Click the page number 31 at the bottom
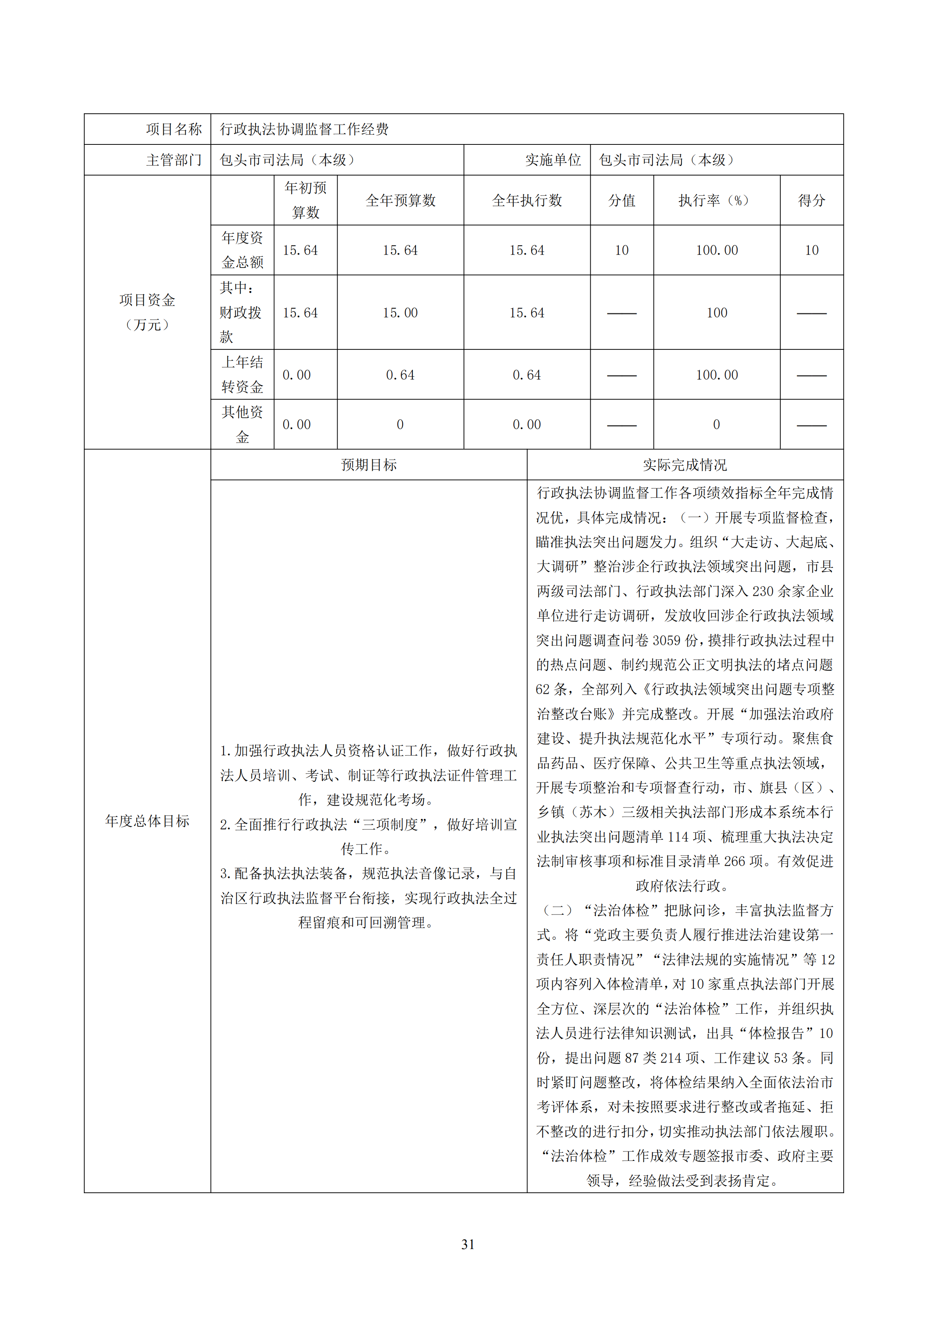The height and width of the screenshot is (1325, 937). [x=468, y=1245]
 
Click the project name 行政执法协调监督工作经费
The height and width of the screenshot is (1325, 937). [x=304, y=129]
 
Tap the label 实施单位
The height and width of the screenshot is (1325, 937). [x=553, y=160]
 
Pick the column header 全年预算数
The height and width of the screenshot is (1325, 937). [x=400, y=200]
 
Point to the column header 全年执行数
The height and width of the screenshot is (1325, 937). [x=527, y=200]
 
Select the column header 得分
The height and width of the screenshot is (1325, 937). [x=811, y=200]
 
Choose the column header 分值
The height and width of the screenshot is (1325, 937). [x=621, y=200]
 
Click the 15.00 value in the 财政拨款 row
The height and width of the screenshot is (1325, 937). [x=400, y=313]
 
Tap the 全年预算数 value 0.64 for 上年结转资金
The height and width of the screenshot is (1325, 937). [x=400, y=375]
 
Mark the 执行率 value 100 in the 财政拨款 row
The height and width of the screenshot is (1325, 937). [x=717, y=313]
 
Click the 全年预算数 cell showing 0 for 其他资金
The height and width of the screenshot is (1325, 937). [x=400, y=425]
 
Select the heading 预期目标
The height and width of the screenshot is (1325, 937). [x=369, y=465]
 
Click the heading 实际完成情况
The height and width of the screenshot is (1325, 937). [x=685, y=465]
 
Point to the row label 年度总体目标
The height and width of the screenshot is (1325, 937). [x=147, y=821]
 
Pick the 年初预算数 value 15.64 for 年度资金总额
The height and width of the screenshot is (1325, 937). [x=300, y=250]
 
